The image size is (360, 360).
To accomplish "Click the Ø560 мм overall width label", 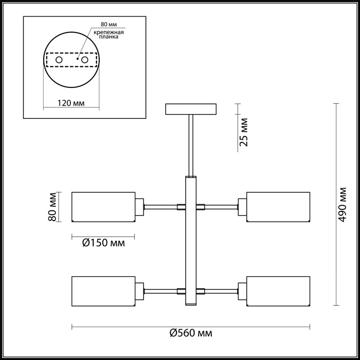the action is pyautogui.click(x=191, y=333).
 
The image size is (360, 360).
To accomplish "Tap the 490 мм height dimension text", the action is pyautogui.click(x=342, y=205).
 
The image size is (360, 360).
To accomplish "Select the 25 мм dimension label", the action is pyautogui.click(x=244, y=132).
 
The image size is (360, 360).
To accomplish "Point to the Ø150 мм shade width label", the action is pyautogui.click(x=103, y=243).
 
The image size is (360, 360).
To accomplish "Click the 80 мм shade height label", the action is pyautogui.click(x=52, y=207).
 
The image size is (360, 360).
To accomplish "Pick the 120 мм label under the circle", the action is pyautogui.click(x=71, y=103).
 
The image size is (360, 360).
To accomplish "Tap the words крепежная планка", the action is pyautogui.click(x=109, y=34).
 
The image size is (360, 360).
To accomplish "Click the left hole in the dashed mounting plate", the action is pyautogui.click(x=59, y=60).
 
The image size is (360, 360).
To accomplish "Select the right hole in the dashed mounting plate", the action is pyautogui.click(x=85, y=60).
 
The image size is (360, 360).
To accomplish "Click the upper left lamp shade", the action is pyautogui.click(x=103, y=207).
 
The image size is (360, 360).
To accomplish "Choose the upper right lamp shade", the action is pyautogui.click(x=278, y=207).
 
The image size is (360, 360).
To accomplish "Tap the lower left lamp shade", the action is pyautogui.click(x=103, y=291).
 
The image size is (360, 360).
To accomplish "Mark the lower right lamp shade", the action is pyautogui.click(x=278, y=291).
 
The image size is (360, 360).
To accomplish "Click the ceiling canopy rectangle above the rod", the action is pyautogui.click(x=191, y=109).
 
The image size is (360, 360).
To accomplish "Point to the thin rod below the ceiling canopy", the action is pyautogui.click(x=191, y=146).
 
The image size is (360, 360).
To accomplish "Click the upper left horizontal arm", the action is pyautogui.click(x=160, y=207).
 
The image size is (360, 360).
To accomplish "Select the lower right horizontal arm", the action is pyautogui.click(x=221, y=292).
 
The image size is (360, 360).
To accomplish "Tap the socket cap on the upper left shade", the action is pyautogui.click(x=139, y=207).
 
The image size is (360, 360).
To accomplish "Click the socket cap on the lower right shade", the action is pyautogui.click(x=242, y=291).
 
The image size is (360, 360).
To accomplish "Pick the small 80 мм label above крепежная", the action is pyautogui.click(x=109, y=24).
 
